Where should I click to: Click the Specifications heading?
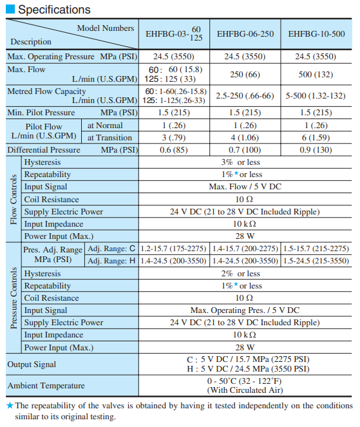54,10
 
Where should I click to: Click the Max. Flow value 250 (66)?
245,74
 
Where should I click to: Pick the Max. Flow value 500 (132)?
316,74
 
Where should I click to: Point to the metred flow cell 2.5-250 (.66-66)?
245,96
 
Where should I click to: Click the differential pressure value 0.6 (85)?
173,149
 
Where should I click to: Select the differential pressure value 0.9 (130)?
316,149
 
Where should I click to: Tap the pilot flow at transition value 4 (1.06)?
245,137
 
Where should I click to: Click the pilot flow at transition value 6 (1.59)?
316,137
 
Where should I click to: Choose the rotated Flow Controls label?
14,199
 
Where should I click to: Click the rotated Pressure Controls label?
14,298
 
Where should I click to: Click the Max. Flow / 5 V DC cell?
245,187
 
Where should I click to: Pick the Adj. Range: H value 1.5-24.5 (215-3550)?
316,261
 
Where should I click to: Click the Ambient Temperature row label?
46,385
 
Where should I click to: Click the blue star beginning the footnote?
9,406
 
